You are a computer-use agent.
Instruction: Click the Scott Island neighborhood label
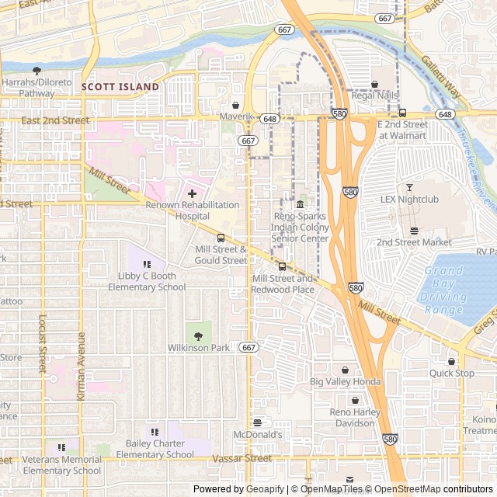[120, 87]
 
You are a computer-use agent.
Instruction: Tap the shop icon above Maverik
[235, 105]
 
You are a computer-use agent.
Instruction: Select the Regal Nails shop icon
[374, 84]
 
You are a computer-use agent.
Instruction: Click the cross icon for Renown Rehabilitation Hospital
[192, 193]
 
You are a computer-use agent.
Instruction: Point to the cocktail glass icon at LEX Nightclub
[409, 187]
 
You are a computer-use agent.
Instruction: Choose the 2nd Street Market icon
[414, 231]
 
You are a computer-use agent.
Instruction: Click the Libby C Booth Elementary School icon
[147, 264]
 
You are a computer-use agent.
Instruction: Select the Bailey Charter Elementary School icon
[155, 431]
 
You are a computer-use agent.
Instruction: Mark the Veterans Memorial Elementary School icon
[61, 447]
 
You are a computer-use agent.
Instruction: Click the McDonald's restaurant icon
[257, 422]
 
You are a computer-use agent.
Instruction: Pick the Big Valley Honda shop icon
[345, 370]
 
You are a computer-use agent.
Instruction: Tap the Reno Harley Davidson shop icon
[355, 400]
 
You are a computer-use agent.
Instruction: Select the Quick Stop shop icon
[451, 361]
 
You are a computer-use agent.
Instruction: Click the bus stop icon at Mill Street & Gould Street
[221, 238]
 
